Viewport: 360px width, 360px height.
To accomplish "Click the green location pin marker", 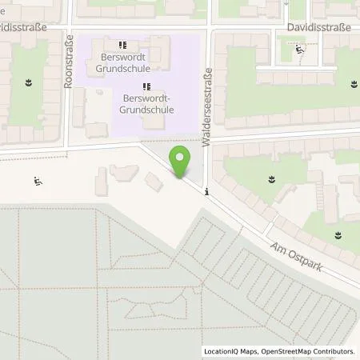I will click(x=181, y=162).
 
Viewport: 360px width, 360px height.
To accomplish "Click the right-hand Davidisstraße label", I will click(x=318, y=26).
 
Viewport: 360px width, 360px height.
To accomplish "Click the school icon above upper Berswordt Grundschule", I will click(x=122, y=46).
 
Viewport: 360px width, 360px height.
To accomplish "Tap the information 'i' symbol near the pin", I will click(x=207, y=191).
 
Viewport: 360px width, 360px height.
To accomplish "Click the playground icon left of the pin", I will click(x=37, y=182).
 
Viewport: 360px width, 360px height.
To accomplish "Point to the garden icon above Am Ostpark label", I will click(x=337, y=234).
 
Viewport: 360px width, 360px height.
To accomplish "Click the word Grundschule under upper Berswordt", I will click(x=126, y=68).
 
